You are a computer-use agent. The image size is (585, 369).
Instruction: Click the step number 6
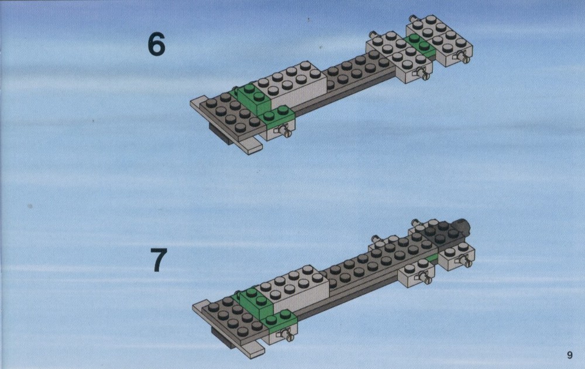pos(156,44)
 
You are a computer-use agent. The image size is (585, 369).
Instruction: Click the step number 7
pos(159,260)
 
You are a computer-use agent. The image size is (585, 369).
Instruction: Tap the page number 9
pos(569,355)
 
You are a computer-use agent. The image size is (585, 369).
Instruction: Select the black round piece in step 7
pos(461,226)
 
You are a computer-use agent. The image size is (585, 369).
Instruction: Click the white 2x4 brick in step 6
pos(291,84)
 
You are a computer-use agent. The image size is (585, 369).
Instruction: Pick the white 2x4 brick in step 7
pos(293,287)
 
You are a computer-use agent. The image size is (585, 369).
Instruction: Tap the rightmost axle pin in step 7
pos(466,260)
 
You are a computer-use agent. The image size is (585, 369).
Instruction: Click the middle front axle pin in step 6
pos(423,74)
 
